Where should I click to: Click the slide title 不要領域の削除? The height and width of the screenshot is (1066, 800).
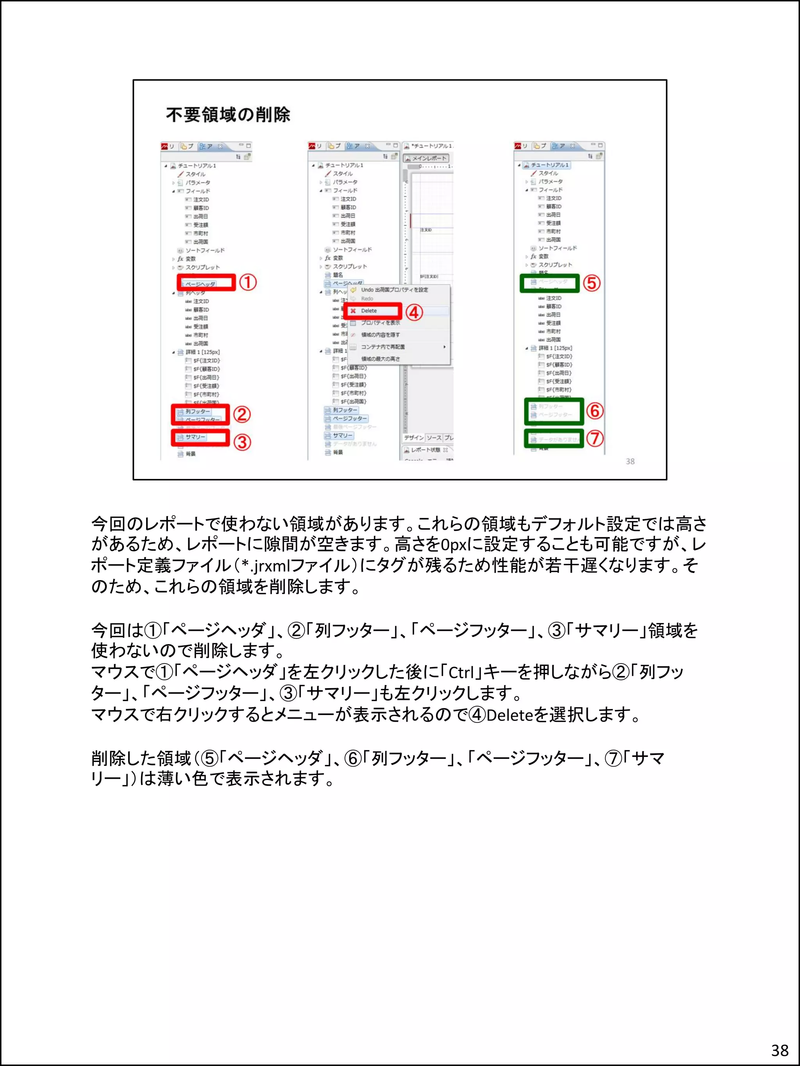click(228, 115)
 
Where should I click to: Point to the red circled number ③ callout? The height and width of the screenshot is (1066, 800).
click(242, 441)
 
